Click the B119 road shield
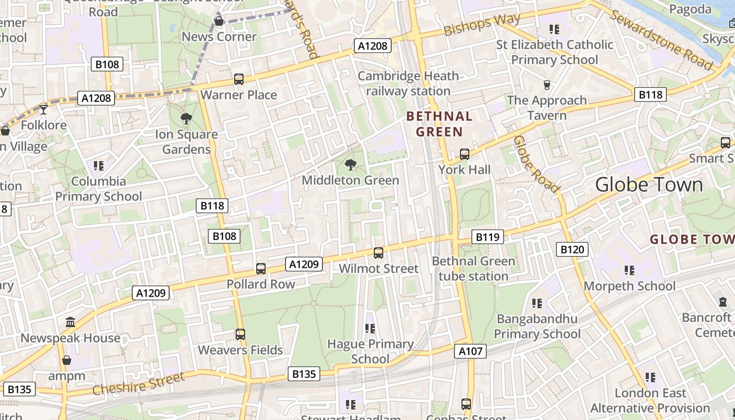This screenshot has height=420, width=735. click(488, 237)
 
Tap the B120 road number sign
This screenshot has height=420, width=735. click(572, 249)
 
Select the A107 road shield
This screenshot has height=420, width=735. click(470, 351)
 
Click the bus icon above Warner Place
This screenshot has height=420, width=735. click(239, 79)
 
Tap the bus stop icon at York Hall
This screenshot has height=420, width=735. click(465, 154)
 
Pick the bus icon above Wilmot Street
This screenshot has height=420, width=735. click(379, 253)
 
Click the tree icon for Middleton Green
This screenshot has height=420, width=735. click(350, 165)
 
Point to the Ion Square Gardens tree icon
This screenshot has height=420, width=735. click(186, 119)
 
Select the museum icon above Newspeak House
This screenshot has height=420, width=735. click(70, 322)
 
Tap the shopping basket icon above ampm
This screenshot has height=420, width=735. click(67, 360)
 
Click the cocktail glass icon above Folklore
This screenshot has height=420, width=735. click(44, 109)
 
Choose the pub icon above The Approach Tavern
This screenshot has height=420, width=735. click(547, 85)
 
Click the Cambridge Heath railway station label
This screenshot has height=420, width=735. click(408, 83)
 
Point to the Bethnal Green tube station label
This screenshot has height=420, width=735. click(473, 268)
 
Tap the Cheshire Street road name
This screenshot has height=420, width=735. click(139, 384)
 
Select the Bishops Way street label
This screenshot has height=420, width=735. click(481, 25)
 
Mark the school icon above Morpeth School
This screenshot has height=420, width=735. click(629, 270)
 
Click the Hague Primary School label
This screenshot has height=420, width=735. click(370, 352)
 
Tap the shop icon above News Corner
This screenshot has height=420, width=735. click(219, 21)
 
